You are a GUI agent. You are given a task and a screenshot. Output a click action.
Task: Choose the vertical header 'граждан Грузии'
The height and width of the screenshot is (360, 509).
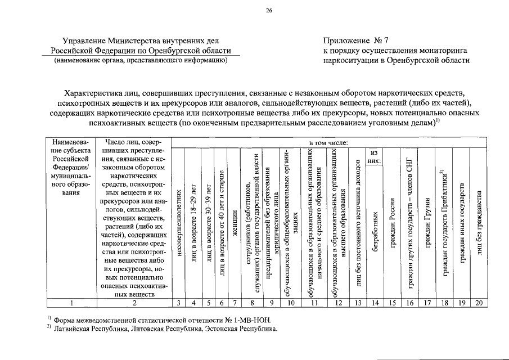point(427,224)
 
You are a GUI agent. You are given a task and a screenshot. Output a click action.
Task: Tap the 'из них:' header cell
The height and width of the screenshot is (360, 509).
point(374,157)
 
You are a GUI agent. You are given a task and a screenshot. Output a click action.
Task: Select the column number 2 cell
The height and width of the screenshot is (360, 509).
point(134,303)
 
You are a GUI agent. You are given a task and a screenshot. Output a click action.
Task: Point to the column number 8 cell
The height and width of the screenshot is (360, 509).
point(252,303)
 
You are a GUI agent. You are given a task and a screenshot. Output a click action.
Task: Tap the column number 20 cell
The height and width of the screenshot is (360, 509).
point(479,303)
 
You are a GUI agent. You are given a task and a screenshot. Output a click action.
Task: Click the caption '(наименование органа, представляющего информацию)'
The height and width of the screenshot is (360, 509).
point(141,61)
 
